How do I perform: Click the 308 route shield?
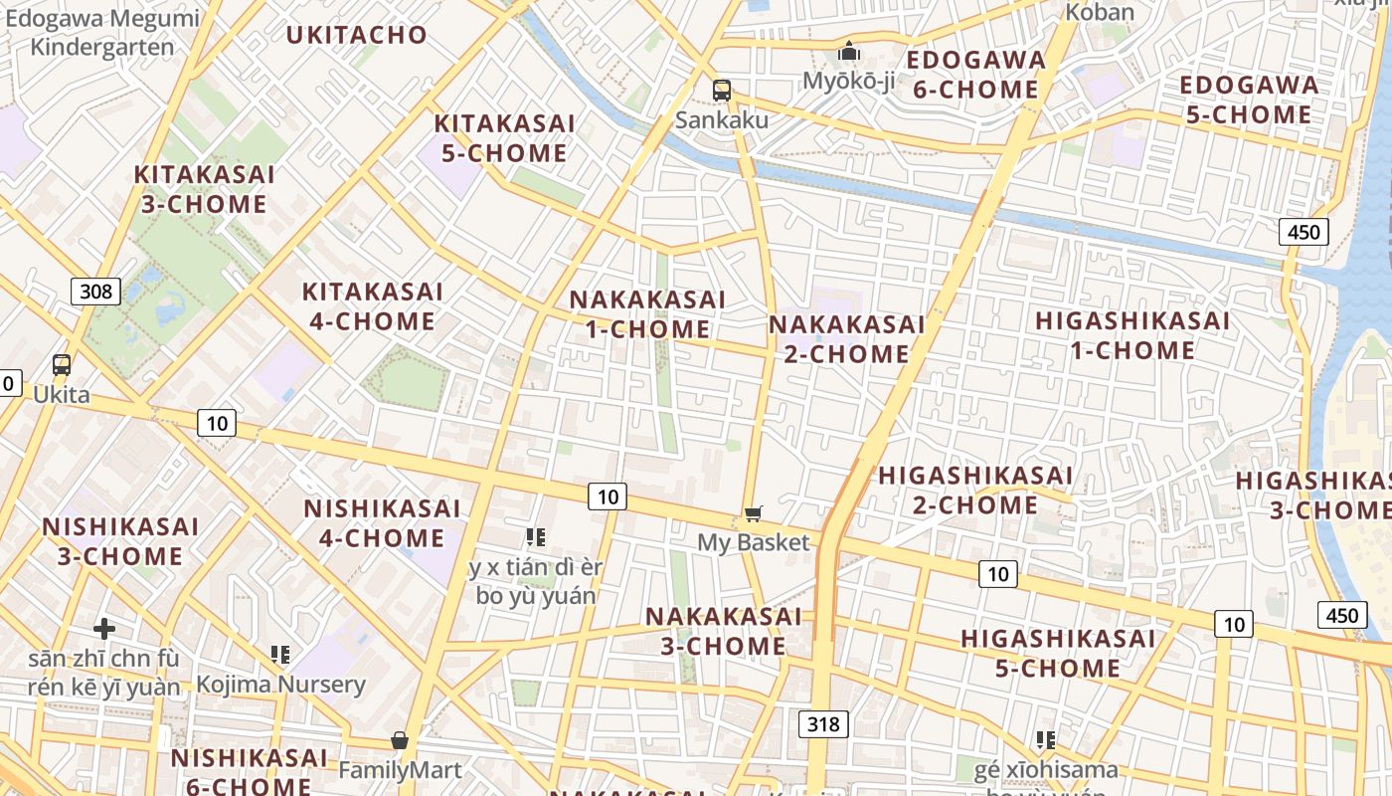[x=95, y=292]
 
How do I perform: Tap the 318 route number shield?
[x=823, y=723]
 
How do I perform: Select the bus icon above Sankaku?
[x=722, y=90]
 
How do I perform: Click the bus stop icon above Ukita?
[x=62, y=364]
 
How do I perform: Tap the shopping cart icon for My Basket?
[x=753, y=513]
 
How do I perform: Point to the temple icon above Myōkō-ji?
[x=849, y=50]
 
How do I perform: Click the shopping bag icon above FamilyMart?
[x=400, y=740]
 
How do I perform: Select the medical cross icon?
[x=104, y=629]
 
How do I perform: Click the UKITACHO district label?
[x=357, y=35]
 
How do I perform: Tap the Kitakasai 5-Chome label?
[x=504, y=138]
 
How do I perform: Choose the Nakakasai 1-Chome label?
[x=647, y=314]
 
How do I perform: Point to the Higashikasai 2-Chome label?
[x=975, y=491]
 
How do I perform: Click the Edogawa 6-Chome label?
[x=976, y=75]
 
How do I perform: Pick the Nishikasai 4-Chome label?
[x=382, y=523]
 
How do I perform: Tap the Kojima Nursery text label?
[x=280, y=685]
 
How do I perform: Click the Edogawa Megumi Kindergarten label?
[x=102, y=32]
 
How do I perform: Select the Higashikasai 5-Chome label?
[x=1058, y=653]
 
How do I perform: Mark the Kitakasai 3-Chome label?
[x=203, y=189]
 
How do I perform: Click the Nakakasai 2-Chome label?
[x=846, y=339]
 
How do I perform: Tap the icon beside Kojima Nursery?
[x=280, y=655]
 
